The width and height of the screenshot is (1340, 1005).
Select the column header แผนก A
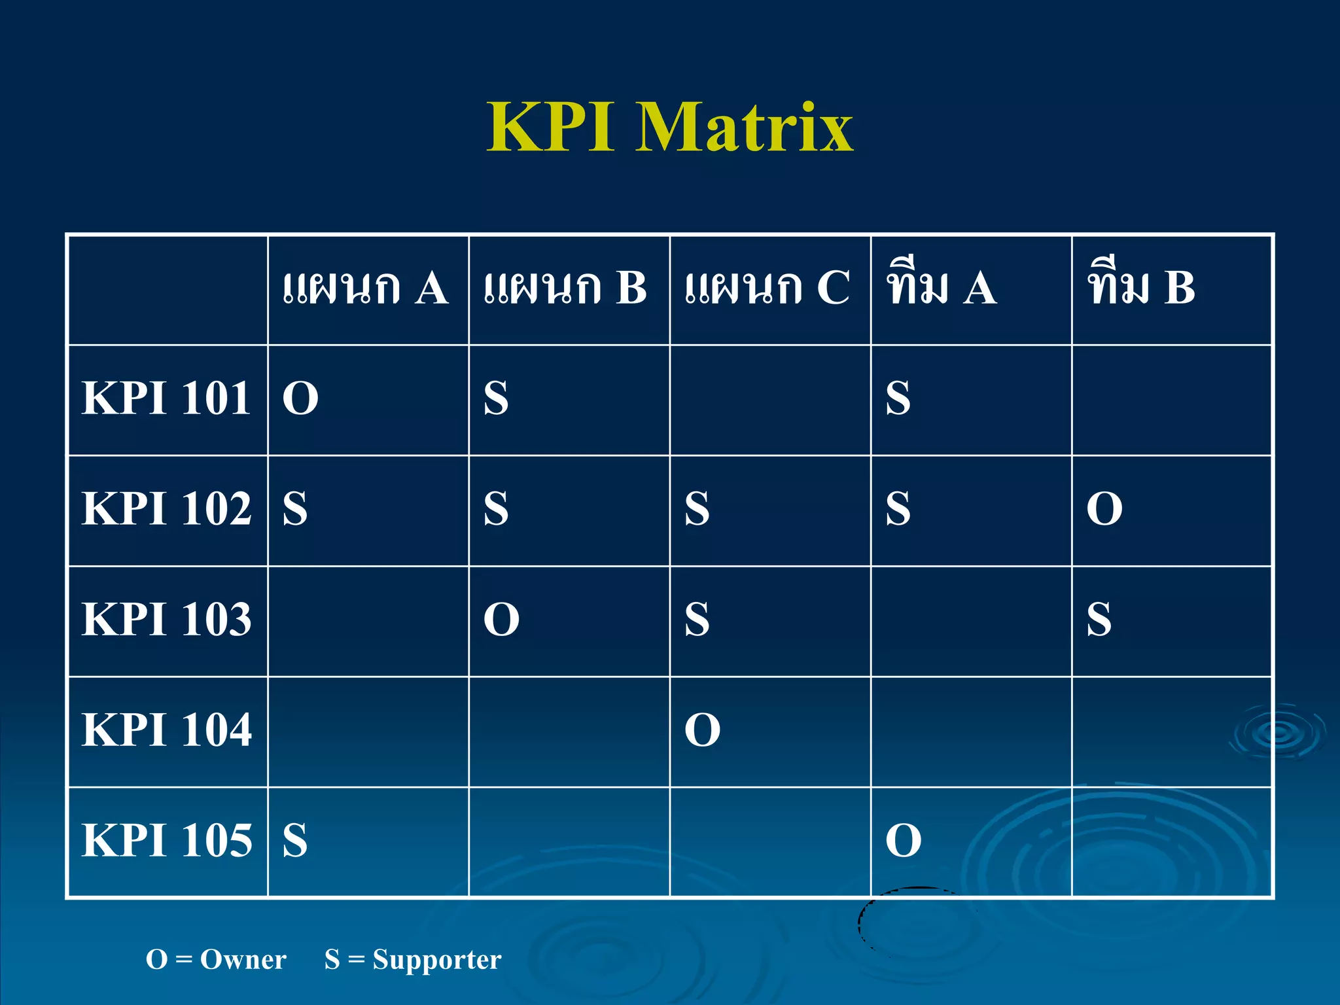(365, 288)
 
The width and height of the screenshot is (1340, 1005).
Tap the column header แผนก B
(565, 288)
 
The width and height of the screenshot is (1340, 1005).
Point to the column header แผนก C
(767, 288)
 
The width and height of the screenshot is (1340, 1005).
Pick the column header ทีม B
(1141, 288)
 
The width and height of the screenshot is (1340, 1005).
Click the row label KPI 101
(166, 398)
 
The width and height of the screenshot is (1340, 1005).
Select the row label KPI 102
(166, 508)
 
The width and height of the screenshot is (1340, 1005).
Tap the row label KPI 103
(166, 619)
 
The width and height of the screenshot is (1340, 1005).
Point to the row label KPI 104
(166, 730)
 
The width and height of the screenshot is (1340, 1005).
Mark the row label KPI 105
(166, 840)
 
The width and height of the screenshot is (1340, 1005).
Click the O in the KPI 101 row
(300, 398)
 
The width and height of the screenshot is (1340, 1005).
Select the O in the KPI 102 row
(1104, 509)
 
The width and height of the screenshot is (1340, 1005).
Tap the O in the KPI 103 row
(501, 620)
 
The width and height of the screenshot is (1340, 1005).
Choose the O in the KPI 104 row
(702, 730)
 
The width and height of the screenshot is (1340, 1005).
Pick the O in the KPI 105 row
(903, 841)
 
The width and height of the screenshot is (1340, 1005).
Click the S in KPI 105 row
(295, 841)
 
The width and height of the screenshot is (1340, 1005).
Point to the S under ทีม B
(1099, 620)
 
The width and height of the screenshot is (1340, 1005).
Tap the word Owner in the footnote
(243, 960)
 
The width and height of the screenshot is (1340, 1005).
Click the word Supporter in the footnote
(436, 960)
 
